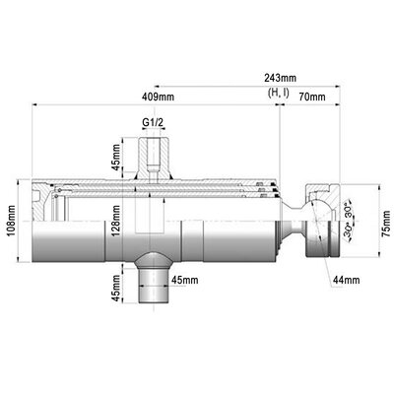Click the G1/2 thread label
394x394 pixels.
pyautogui.click(x=153, y=124)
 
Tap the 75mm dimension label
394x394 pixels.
pyautogui.click(x=387, y=224)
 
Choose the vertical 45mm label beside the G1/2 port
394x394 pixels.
pyautogui.click(x=116, y=156)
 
